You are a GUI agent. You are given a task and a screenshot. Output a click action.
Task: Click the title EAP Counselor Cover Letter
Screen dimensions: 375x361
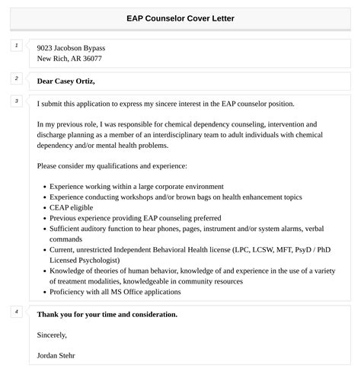(x=180, y=18)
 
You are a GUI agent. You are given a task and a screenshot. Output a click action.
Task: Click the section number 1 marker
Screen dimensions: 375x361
(x=16, y=46)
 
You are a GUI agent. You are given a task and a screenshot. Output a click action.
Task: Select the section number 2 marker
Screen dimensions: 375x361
(x=16, y=79)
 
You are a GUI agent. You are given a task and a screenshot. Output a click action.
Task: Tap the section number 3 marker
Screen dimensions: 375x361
(x=16, y=101)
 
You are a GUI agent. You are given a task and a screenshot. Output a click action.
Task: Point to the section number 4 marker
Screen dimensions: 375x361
(x=16, y=312)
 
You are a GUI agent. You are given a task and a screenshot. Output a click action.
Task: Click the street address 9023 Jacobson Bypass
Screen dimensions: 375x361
(x=71, y=47)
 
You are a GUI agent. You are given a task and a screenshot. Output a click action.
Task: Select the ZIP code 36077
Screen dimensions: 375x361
(x=90, y=58)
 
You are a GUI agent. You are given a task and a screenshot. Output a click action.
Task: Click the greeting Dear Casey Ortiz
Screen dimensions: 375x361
(x=76, y=81)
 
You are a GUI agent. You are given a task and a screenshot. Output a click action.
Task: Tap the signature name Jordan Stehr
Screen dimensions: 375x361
(x=56, y=355)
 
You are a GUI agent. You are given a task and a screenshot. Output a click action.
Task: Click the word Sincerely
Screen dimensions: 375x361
(x=52, y=334)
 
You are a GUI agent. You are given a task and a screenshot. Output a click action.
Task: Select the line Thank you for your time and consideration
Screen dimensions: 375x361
(x=107, y=314)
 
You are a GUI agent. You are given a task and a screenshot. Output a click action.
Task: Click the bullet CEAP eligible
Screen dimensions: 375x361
(x=72, y=207)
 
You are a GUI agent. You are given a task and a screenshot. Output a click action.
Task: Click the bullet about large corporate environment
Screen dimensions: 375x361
(x=136, y=186)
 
